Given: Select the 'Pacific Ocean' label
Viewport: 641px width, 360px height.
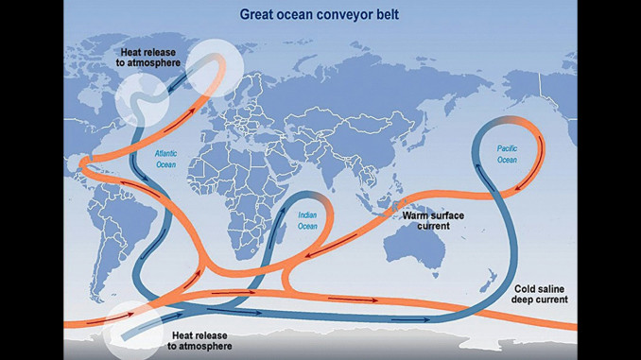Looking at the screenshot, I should point(508,154).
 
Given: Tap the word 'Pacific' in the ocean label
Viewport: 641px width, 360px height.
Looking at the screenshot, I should point(508,148).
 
